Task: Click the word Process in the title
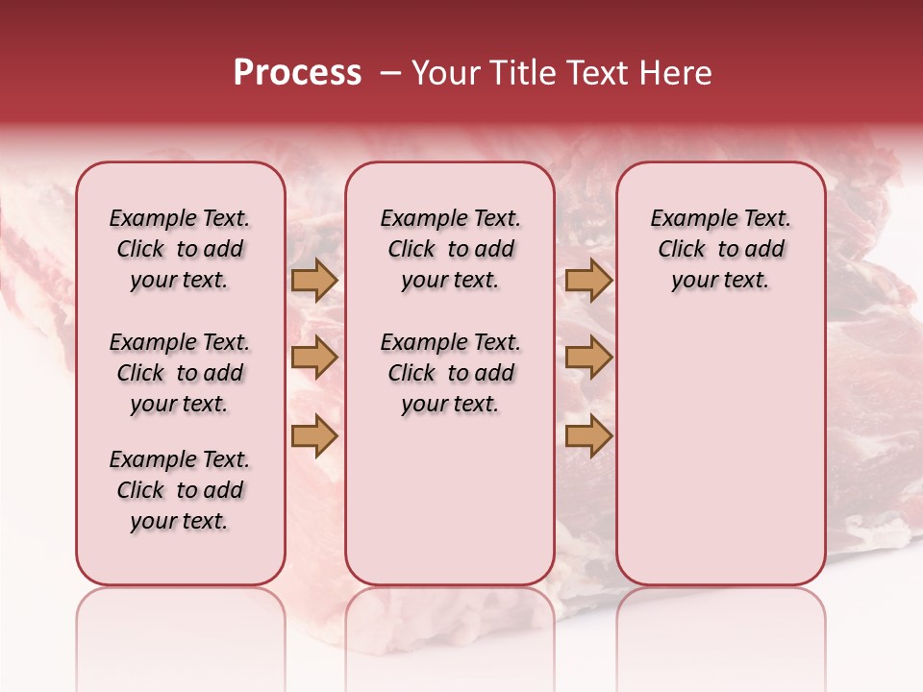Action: point(297,73)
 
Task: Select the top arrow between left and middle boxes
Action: point(314,280)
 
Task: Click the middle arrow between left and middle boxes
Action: point(314,358)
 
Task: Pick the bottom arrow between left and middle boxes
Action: point(314,436)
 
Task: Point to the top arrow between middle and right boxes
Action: point(588,280)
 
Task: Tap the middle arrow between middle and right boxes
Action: point(588,358)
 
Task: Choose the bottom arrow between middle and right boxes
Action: point(588,436)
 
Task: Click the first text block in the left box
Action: point(180,249)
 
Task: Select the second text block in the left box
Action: point(180,373)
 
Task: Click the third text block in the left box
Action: point(180,490)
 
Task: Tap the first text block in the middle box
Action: point(450,249)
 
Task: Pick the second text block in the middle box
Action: point(450,373)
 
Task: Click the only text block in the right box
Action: point(720,249)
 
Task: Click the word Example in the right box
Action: point(686,218)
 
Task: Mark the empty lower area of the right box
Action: point(720,452)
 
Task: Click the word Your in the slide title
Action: point(444,73)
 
